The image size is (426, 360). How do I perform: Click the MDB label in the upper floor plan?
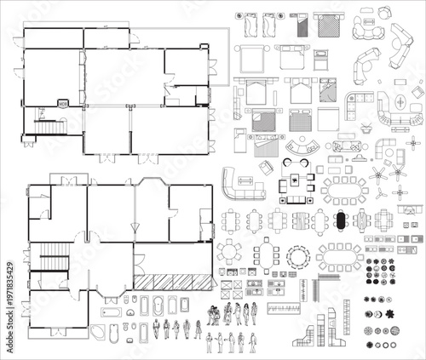63,103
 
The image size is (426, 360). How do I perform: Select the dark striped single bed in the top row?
302,26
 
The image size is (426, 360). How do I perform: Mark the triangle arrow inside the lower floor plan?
132,228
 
